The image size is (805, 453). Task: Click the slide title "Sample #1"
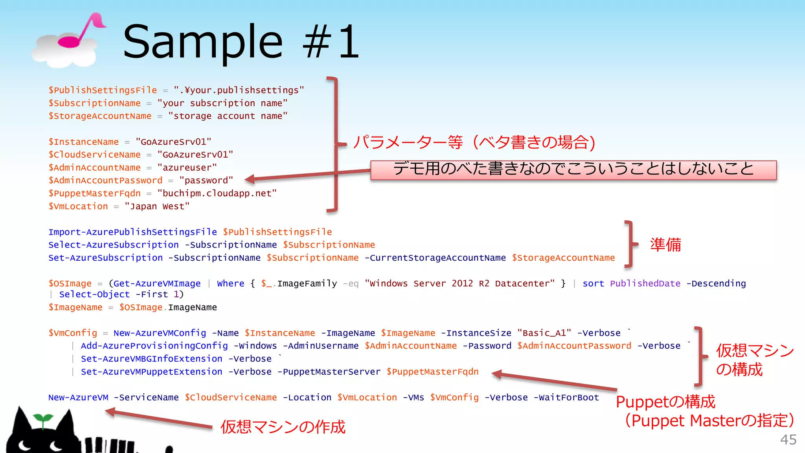(x=241, y=41)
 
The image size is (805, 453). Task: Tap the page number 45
(x=788, y=440)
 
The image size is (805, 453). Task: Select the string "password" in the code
(x=206, y=180)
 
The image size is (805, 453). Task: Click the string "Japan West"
(x=157, y=206)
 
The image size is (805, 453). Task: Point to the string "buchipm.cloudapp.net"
(x=217, y=193)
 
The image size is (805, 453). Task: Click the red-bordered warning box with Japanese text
(x=573, y=170)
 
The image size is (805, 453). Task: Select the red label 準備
(x=665, y=245)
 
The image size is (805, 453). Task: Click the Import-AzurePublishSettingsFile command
(x=132, y=232)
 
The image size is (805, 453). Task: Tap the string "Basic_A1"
(x=544, y=333)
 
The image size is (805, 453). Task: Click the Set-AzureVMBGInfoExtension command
(x=151, y=359)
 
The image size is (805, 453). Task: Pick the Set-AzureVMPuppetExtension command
(x=151, y=372)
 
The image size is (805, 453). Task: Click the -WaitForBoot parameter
(x=566, y=398)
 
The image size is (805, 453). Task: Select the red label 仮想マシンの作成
(x=283, y=427)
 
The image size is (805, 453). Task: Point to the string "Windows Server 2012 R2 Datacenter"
(x=459, y=284)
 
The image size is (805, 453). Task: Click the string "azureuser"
(x=187, y=168)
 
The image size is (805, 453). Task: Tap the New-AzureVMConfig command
(x=160, y=333)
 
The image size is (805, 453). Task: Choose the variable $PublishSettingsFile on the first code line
(x=103, y=90)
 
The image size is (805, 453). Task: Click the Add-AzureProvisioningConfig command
(x=154, y=346)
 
